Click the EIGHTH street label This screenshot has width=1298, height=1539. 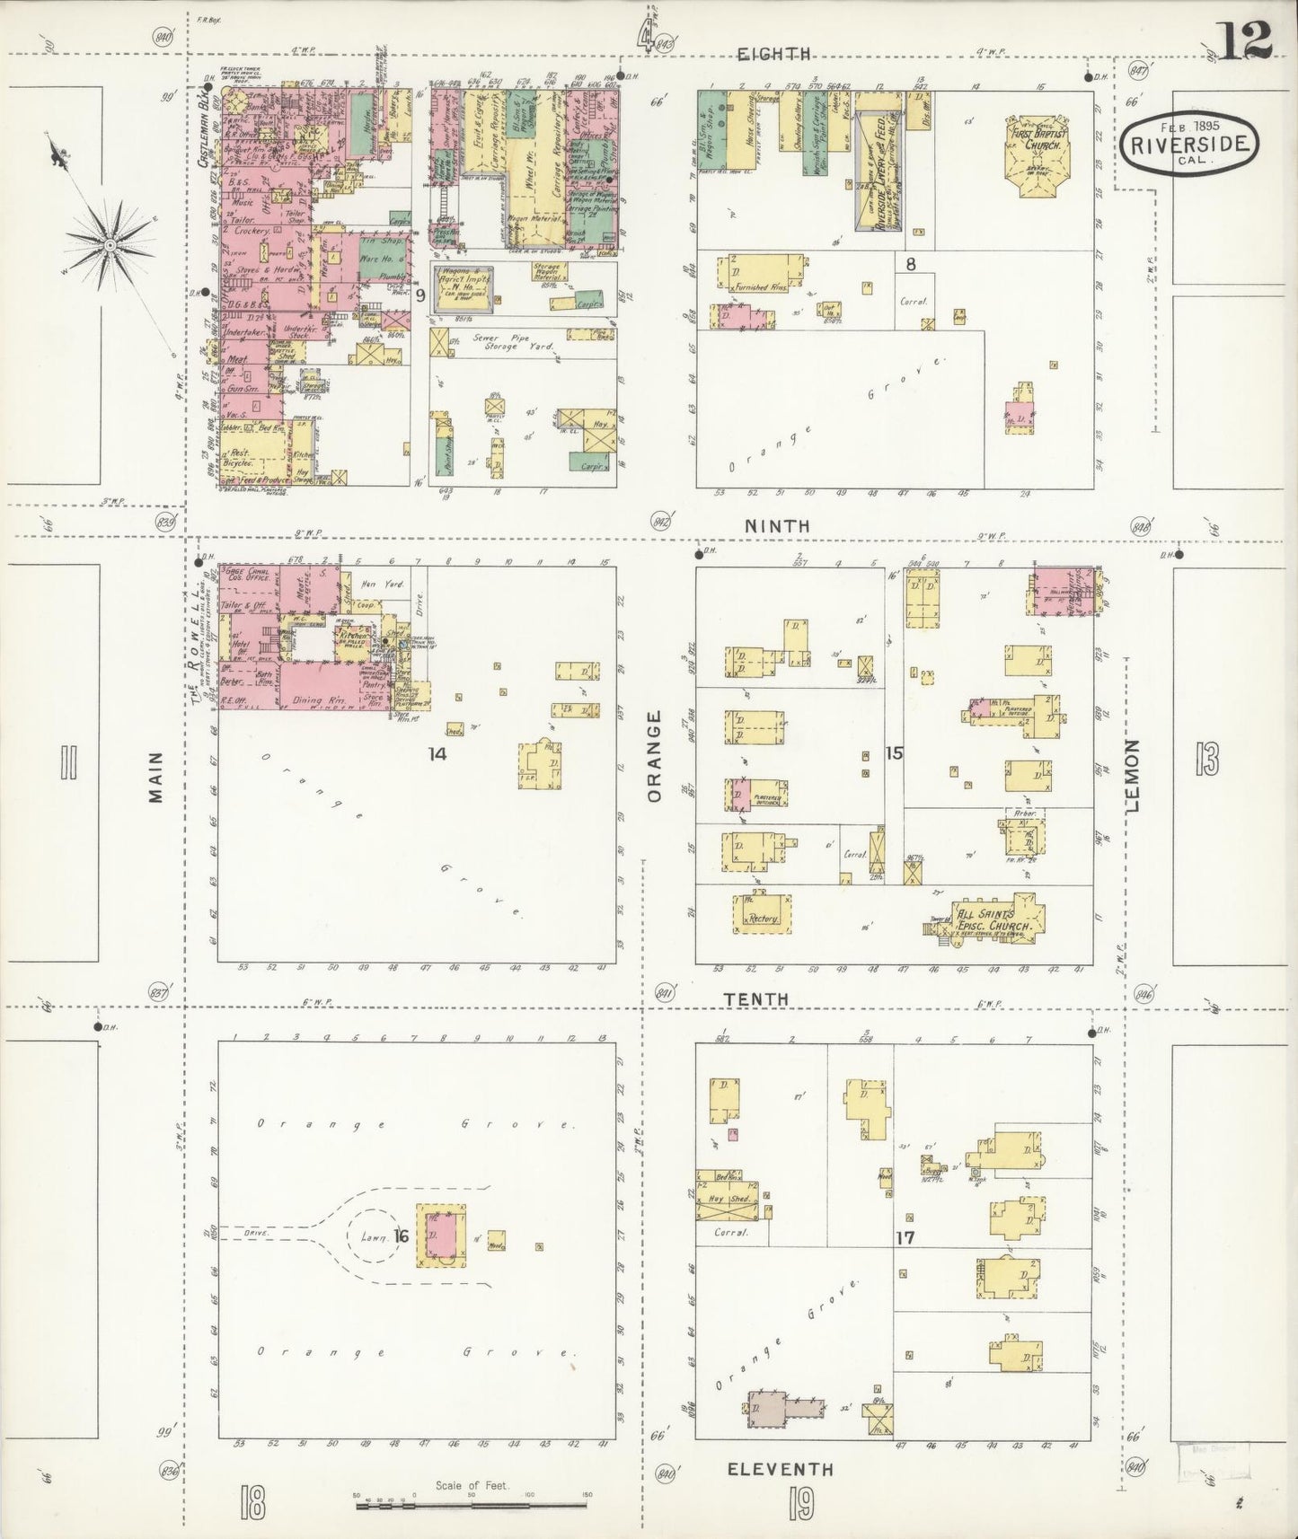(x=773, y=54)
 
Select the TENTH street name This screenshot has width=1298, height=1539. (x=758, y=998)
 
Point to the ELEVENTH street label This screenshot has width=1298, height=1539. (x=780, y=1469)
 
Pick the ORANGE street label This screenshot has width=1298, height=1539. (x=654, y=756)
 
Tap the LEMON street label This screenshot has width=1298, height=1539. (x=1131, y=776)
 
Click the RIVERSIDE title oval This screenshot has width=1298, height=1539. (x=1189, y=143)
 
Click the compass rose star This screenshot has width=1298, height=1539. (x=108, y=243)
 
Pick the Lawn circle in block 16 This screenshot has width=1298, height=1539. (x=371, y=1237)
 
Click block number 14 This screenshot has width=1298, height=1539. (x=437, y=753)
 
